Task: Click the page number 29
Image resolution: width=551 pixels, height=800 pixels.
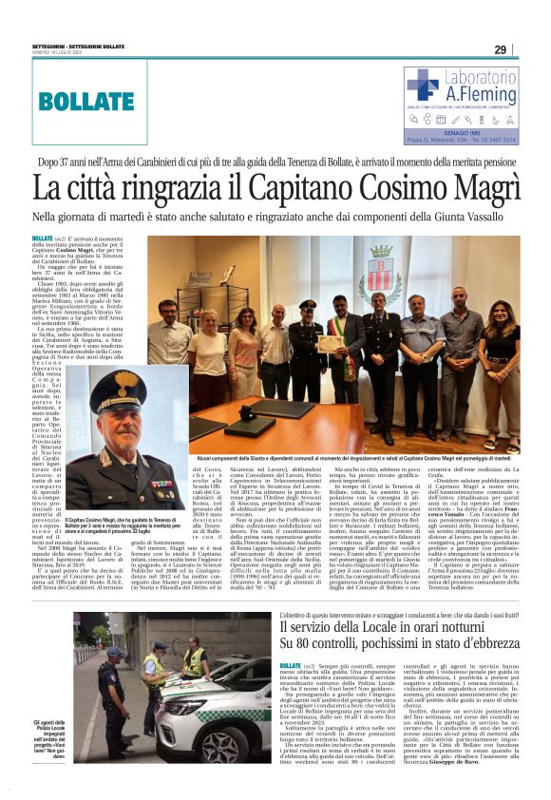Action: (x=500, y=50)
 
